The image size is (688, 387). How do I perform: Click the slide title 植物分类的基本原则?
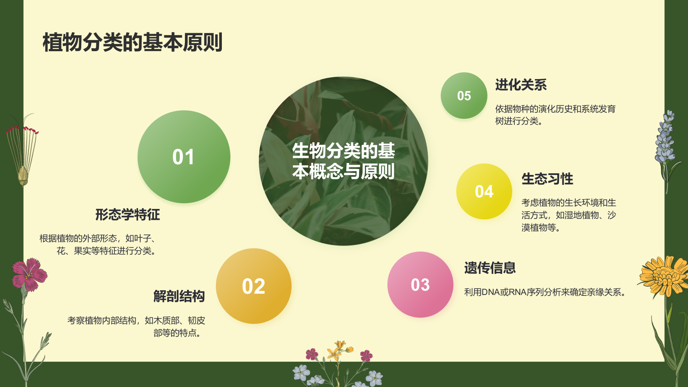click(132, 43)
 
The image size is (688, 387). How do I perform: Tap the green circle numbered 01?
click(184, 157)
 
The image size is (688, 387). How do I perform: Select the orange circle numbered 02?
click(253, 286)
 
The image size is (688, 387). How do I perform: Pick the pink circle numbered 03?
click(420, 285)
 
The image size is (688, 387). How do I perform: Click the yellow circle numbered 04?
click(484, 191)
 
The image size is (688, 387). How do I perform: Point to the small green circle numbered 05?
click(464, 95)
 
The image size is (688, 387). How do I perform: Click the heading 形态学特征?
click(127, 215)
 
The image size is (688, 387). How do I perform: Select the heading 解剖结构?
click(179, 296)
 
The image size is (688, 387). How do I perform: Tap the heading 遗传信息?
click(490, 268)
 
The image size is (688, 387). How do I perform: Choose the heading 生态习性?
click(547, 179)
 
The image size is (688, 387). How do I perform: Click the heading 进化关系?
click(521, 85)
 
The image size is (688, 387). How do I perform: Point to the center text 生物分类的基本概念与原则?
click(343, 161)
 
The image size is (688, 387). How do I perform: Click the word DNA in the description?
click(491, 292)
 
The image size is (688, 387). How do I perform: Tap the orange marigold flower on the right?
click(663, 275)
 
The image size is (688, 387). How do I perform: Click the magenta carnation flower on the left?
click(29, 273)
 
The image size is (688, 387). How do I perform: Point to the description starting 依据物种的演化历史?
click(555, 115)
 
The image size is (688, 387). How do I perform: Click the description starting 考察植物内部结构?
click(136, 326)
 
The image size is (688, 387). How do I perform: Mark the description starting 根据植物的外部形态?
click(98, 244)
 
